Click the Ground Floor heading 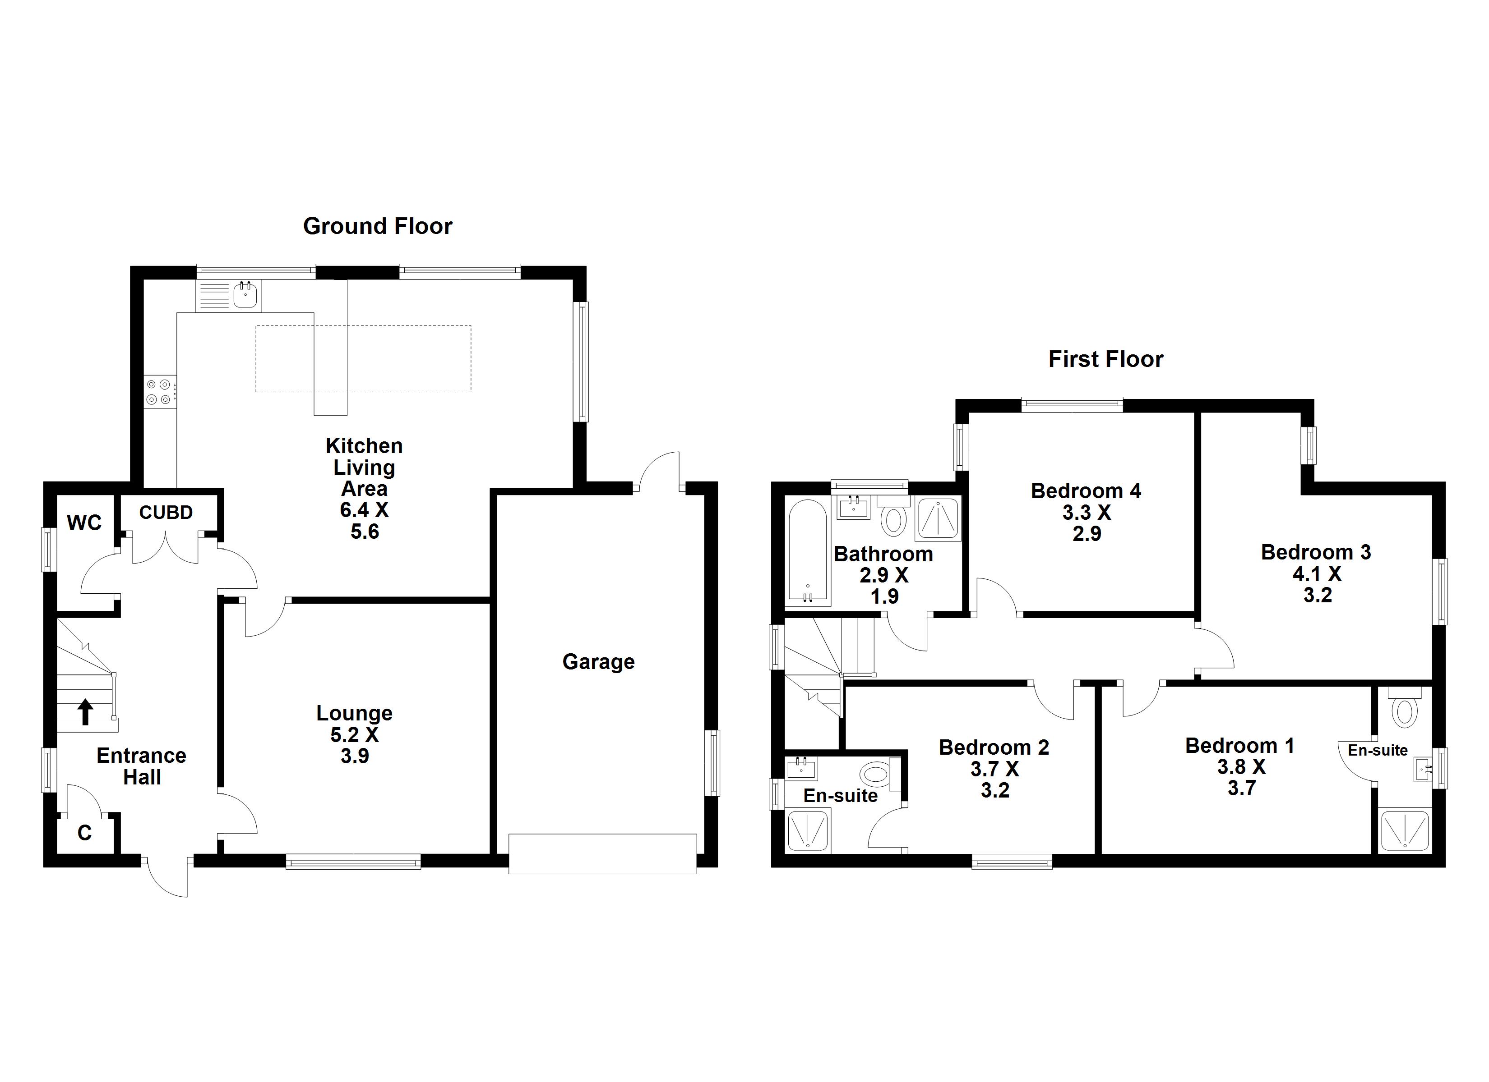[378, 226]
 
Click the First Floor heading [1105, 360]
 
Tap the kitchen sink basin [245, 295]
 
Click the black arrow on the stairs [85, 712]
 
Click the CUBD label [166, 513]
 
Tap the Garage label [598, 662]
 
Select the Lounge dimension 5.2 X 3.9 [355, 745]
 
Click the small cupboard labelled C [85, 833]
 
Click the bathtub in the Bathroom [808, 552]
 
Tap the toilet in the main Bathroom [892, 518]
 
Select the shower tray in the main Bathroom [938, 518]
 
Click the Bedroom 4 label [1086, 491]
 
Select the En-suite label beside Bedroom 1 [1378, 750]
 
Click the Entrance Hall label [141, 766]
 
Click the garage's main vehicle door [602, 854]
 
